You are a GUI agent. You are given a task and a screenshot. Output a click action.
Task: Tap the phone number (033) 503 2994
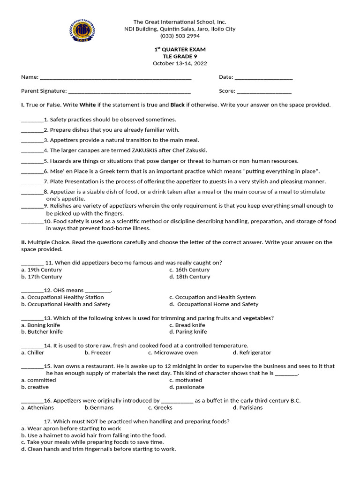180,36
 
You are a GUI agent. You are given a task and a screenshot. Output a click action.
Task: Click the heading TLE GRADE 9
180,56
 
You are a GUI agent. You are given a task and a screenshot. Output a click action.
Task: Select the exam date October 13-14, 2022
180,63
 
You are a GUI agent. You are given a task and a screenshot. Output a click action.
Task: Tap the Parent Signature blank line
129,92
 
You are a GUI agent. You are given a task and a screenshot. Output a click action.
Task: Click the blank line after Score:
264,92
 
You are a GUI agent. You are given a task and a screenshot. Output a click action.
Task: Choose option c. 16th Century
189,270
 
